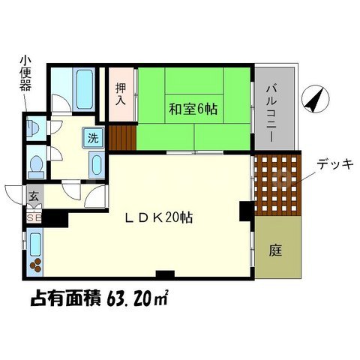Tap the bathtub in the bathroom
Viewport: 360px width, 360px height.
coord(82,89)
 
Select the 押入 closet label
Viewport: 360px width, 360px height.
coord(120,93)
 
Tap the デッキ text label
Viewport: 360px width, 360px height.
coord(334,164)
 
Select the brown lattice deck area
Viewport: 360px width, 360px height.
coord(277,185)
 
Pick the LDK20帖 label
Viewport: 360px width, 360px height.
coord(160,218)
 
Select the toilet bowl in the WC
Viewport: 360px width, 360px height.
coord(35,163)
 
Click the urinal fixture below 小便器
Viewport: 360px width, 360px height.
coord(31,124)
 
